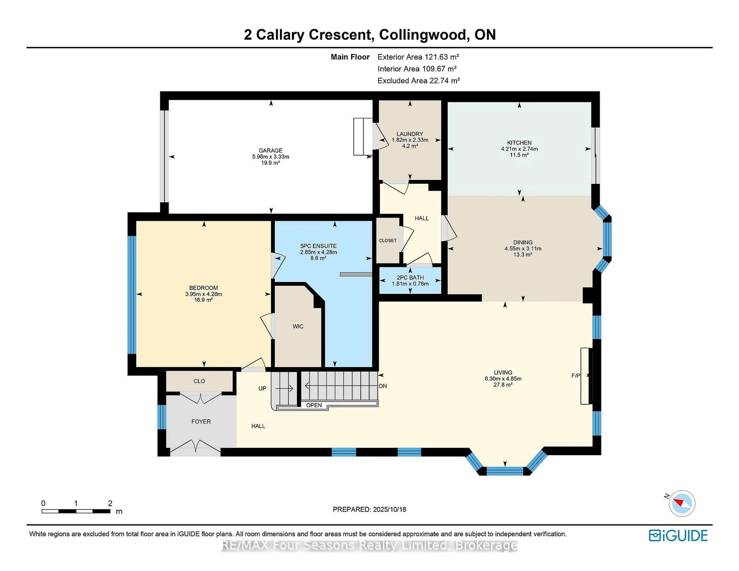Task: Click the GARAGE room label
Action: coord(270,150)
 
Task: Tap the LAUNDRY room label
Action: coord(410,134)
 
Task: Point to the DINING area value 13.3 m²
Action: coord(523,255)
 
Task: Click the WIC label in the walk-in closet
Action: coord(298,326)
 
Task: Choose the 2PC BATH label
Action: coord(410,278)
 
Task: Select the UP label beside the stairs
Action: coord(262,388)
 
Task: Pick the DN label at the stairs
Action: coord(383,386)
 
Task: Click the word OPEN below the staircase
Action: coord(314,405)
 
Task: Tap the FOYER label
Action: coord(201,421)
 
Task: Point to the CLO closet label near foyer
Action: coord(199,381)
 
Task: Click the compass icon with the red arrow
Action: coord(682,503)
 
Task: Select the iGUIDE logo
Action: coord(678,535)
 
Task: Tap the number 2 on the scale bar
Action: coord(110,503)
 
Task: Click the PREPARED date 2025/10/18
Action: coord(389,509)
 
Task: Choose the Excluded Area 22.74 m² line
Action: coord(419,80)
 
